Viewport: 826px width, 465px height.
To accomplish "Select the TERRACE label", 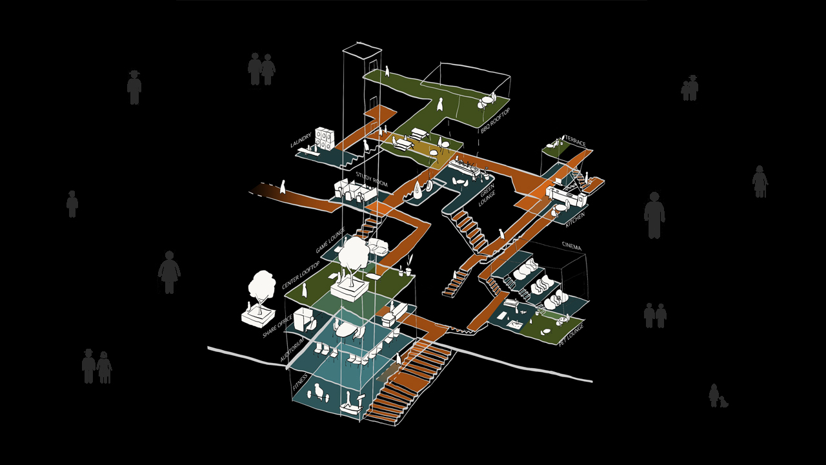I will (575, 141).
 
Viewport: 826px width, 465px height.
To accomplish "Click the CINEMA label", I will (572, 246).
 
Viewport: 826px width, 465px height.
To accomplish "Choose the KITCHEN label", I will (576, 219).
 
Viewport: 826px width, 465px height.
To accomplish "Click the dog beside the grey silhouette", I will (723, 401).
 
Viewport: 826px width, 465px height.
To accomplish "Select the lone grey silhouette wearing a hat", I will (134, 87).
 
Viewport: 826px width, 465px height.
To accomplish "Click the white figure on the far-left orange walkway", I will (282, 187).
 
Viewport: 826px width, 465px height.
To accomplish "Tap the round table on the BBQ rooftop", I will (485, 101).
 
